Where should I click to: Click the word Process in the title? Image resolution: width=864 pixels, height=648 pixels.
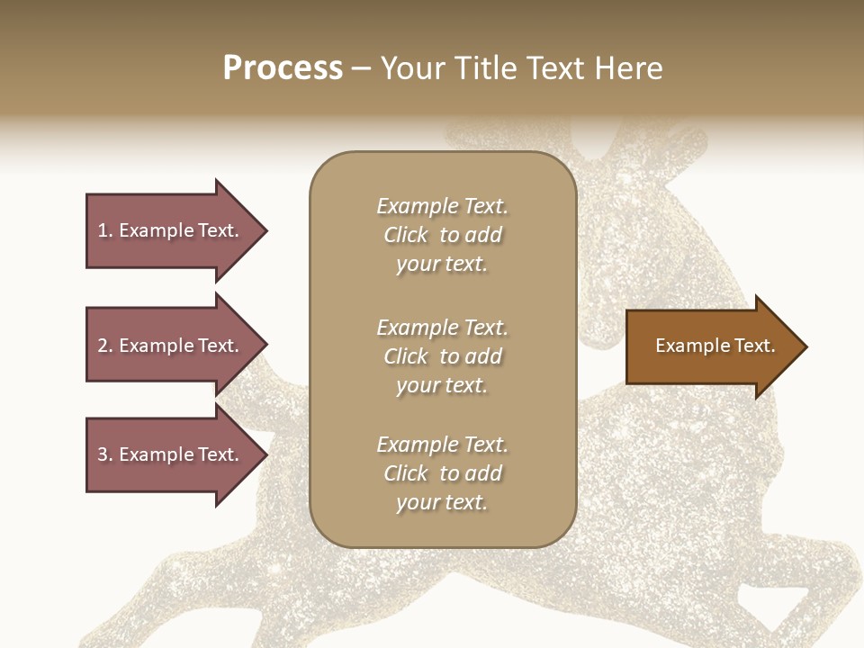(x=283, y=68)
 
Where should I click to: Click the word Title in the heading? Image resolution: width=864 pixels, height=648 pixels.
(x=484, y=68)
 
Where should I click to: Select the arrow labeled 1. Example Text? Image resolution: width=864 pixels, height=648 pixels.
(x=171, y=230)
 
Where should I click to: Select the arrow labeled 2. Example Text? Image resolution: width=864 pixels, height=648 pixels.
(x=171, y=346)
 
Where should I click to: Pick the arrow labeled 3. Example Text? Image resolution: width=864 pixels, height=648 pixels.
(x=171, y=454)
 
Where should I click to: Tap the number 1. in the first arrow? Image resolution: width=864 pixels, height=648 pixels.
(x=104, y=230)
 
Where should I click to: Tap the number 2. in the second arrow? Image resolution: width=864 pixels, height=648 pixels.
(x=104, y=346)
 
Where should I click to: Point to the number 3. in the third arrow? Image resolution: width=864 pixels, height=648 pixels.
(x=104, y=454)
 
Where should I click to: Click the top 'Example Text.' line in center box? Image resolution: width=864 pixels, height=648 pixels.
(x=442, y=206)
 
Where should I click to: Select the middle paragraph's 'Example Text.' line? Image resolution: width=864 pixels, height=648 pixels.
(x=442, y=327)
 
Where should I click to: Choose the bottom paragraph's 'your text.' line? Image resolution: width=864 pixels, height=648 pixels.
(x=442, y=502)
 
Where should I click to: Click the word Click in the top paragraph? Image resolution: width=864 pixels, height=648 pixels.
(x=406, y=235)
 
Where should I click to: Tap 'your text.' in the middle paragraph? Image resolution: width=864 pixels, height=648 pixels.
(x=442, y=385)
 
